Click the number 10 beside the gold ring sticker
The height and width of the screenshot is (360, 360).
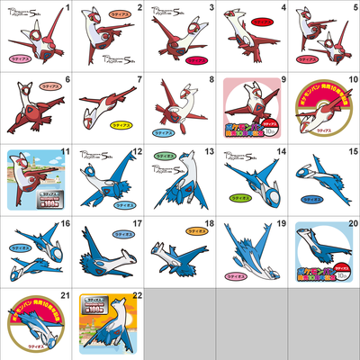[x=351, y=79]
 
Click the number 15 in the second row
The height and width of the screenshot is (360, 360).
[x=353, y=151]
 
